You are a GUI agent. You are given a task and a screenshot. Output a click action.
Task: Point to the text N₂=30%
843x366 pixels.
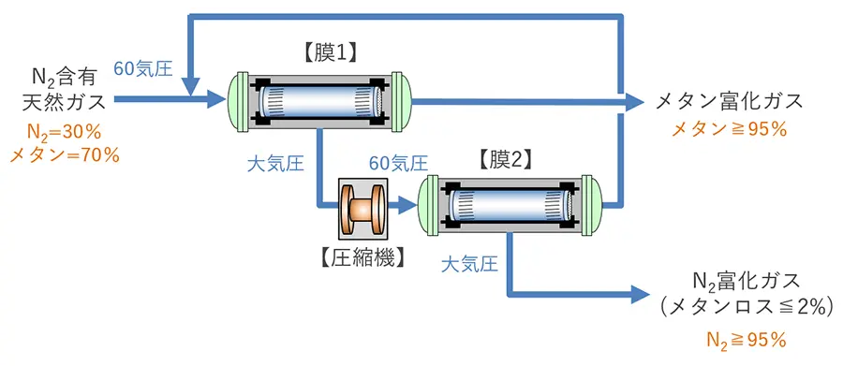65,133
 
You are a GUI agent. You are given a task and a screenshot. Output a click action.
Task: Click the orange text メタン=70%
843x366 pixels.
65,156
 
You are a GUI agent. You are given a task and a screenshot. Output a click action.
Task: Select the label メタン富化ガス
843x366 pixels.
729,101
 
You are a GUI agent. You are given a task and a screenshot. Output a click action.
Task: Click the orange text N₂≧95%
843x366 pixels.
747,340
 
